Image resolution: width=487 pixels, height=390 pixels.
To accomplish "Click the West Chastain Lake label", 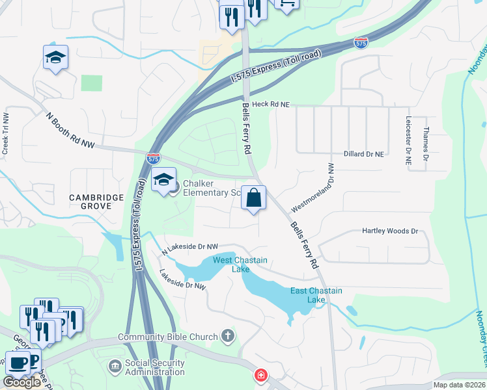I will (x=232, y=265).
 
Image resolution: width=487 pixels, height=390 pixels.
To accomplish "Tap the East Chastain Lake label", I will (x=316, y=295).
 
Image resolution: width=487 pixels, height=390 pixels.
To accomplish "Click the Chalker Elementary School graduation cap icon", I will (x=163, y=180).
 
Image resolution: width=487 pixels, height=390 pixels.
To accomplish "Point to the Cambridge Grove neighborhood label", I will (x=97, y=201).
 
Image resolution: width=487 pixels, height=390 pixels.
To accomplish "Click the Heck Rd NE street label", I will (x=270, y=104).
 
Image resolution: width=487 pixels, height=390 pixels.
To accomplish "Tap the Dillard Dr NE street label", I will (x=362, y=154).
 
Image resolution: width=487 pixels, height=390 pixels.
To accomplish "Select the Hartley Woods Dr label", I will (x=389, y=231).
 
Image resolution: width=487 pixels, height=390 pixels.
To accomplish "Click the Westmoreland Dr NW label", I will (x=313, y=187).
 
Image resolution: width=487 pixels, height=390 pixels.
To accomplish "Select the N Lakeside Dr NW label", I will (x=189, y=246).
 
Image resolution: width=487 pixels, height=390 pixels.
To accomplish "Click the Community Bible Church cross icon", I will (x=227, y=336).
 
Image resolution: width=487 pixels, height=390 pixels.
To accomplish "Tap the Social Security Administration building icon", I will (x=115, y=367).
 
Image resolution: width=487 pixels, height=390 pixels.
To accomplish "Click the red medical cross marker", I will (x=260, y=375).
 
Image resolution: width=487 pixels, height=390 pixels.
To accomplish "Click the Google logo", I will (x=21, y=382).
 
